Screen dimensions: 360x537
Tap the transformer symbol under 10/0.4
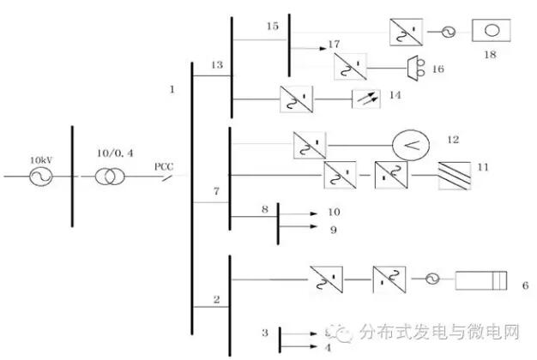tap(107, 177)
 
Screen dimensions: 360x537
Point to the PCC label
tap(165, 167)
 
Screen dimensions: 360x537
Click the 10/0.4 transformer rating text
tap(108, 159)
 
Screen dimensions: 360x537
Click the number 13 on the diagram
tap(216, 65)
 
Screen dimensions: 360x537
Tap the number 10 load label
tap(334, 210)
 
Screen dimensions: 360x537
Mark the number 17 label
tap(334, 43)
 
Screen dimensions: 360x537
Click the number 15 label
tap(273, 27)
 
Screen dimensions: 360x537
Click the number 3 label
tap(266, 330)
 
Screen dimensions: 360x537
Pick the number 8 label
tap(265, 208)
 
